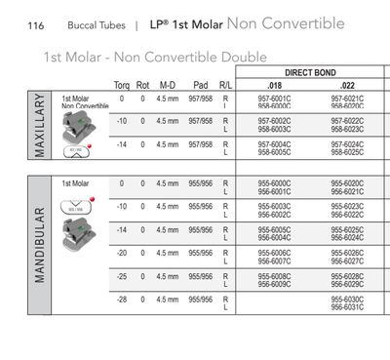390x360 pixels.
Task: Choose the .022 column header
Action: click(348, 86)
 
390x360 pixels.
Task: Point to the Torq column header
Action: click(122, 86)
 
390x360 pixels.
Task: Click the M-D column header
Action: click(168, 86)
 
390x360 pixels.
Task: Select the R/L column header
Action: click(226, 86)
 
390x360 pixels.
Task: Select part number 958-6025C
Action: click(348, 153)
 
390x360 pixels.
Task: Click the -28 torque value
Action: click(122, 299)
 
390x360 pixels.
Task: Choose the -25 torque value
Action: click(122, 276)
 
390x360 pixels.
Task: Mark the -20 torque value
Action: click(122, 253)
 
